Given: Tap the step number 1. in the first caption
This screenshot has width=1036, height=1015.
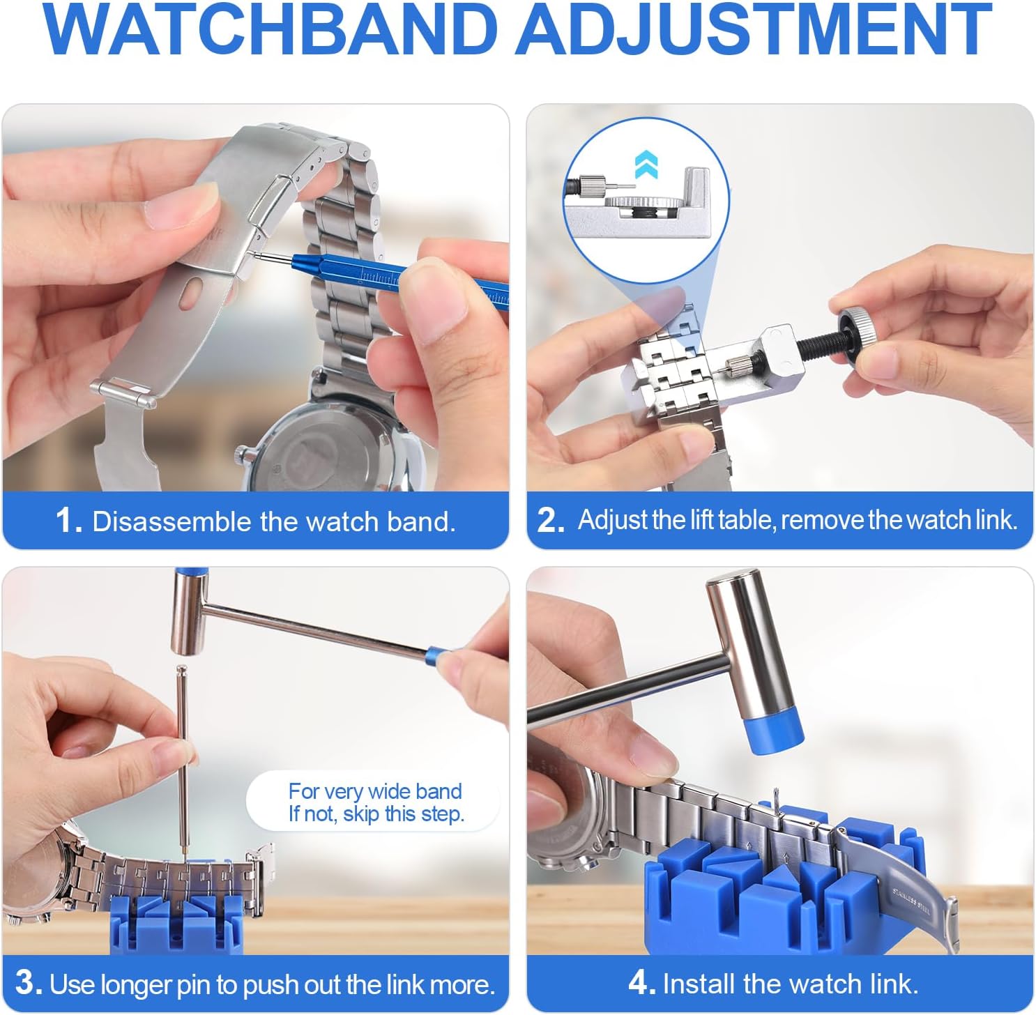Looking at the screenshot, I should (x=69, y=521).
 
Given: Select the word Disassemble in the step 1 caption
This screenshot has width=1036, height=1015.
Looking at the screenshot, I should (x=172, y=521).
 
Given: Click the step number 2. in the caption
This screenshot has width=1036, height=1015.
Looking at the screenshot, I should (x=551, y=521).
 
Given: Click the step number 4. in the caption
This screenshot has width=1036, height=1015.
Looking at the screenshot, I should (x=641, y=983).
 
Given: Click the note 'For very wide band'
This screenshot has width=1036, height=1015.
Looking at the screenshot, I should (x=375, y=791).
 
